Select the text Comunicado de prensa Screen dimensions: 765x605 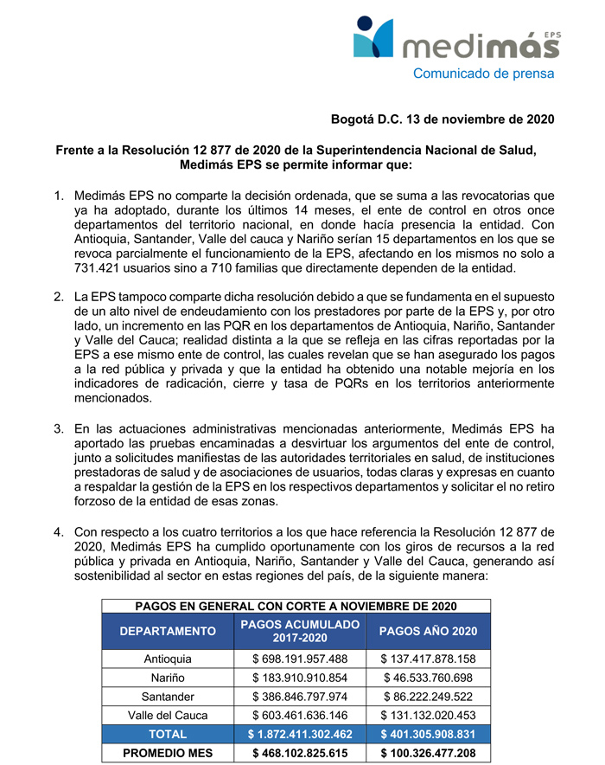coord(483,74)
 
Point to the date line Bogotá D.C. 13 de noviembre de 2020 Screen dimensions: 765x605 coord(443,118)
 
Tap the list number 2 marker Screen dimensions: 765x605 coord(59,297)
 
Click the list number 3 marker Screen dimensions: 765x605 coord(59,428)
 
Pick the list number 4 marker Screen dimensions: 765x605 coord(59,531)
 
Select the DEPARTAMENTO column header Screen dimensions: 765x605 coord(168,632)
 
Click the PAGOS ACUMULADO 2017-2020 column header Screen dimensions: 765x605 coord(300,632)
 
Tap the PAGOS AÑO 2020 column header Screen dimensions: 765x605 coord(428,632)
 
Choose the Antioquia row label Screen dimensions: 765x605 coord(168,659)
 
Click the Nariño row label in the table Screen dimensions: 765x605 coord(168,678)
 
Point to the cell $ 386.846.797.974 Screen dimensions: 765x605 coord(300,697)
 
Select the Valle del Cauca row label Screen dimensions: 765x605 coord(168,716)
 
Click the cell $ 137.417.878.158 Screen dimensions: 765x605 coord(428,659)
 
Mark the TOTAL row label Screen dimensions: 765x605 coord(168,735)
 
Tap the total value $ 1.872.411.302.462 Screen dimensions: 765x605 coord(300,735)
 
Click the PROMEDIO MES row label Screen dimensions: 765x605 coord(168,754)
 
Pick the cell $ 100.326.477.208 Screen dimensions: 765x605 coord(428,754)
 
